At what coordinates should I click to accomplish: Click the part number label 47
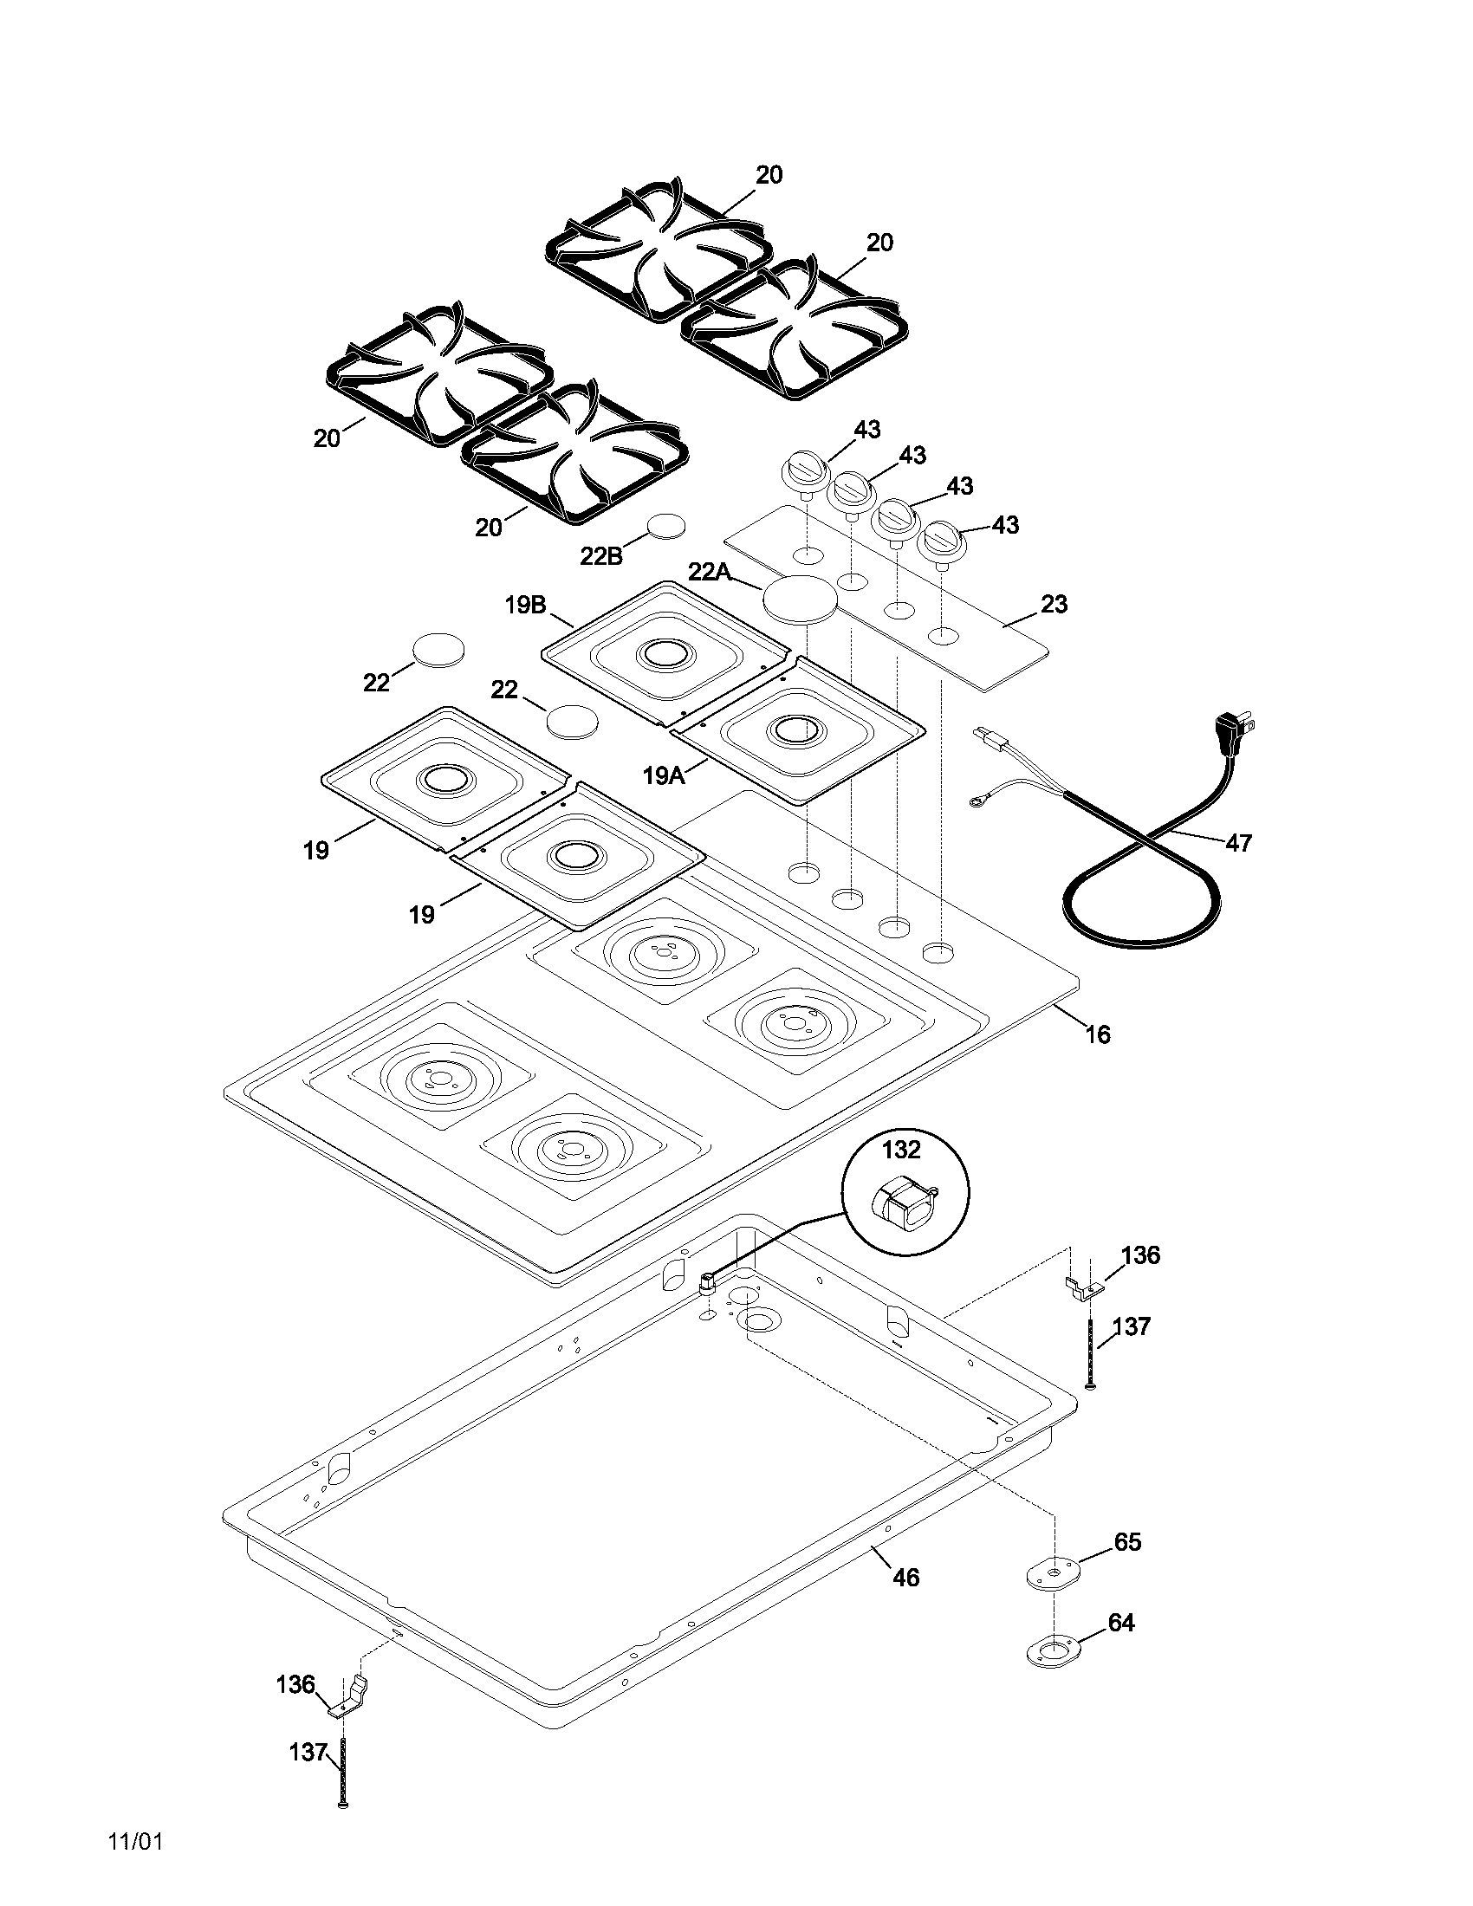1238,842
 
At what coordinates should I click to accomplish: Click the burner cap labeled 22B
666,527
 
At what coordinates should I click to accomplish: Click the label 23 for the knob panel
1054,604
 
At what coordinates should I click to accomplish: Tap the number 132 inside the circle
900,1150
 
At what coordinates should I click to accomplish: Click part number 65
1127,1542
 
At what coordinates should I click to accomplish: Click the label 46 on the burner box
905,1577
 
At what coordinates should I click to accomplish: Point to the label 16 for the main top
1098,1034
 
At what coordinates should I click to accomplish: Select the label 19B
525,605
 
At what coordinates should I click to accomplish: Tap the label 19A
664,774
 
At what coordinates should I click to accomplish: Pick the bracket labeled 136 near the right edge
1082,1289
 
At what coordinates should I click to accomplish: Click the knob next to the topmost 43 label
805,471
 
